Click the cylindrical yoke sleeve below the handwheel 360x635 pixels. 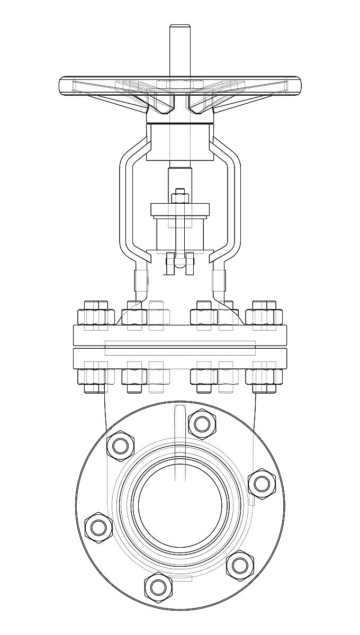point(179,142)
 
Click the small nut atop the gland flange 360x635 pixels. point(179,197)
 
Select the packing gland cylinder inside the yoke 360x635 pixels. point(179,235)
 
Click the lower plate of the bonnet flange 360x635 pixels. point(179,358)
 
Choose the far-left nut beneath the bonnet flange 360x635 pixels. point(91,377)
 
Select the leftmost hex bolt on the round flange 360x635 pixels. point(98,527)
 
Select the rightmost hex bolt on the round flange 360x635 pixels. point(261,483)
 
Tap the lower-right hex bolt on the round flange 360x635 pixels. point(240,565)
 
